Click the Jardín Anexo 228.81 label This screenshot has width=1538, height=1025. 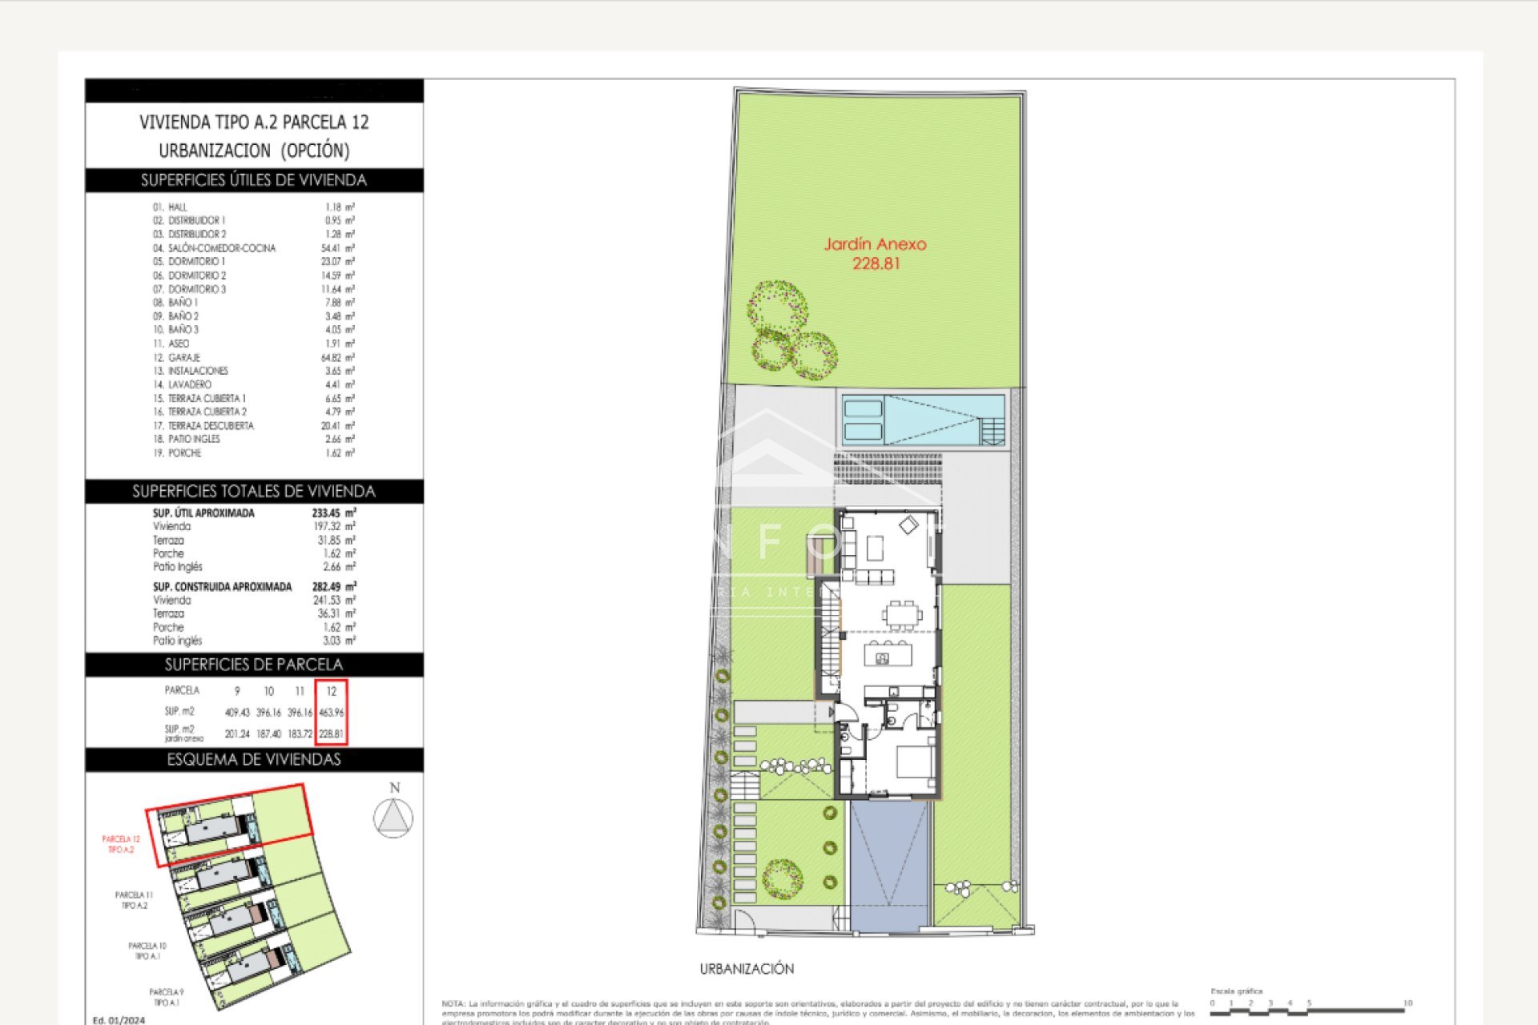pos(876,253)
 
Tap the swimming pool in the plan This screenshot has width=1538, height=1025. pos(921,420)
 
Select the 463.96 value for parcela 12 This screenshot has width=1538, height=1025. pos(331,712)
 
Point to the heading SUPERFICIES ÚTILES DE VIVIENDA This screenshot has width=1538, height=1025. pos(254,180)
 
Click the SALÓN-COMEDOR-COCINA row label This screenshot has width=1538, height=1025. pos(222,248)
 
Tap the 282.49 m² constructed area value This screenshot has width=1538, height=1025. pos(333,586)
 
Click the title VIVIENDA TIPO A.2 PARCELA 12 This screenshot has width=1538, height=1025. pos(254,123)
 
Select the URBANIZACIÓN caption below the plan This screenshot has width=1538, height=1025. pos(747,968)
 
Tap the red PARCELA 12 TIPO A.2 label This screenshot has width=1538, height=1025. pos(121,844)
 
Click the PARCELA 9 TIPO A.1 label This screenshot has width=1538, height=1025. pos(166,997)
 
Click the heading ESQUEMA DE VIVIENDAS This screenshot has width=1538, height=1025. pos(254,759)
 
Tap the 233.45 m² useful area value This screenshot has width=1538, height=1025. pos(333,512)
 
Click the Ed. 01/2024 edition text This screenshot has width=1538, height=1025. pos(119,1019)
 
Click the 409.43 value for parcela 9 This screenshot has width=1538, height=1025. pos(237,712)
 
